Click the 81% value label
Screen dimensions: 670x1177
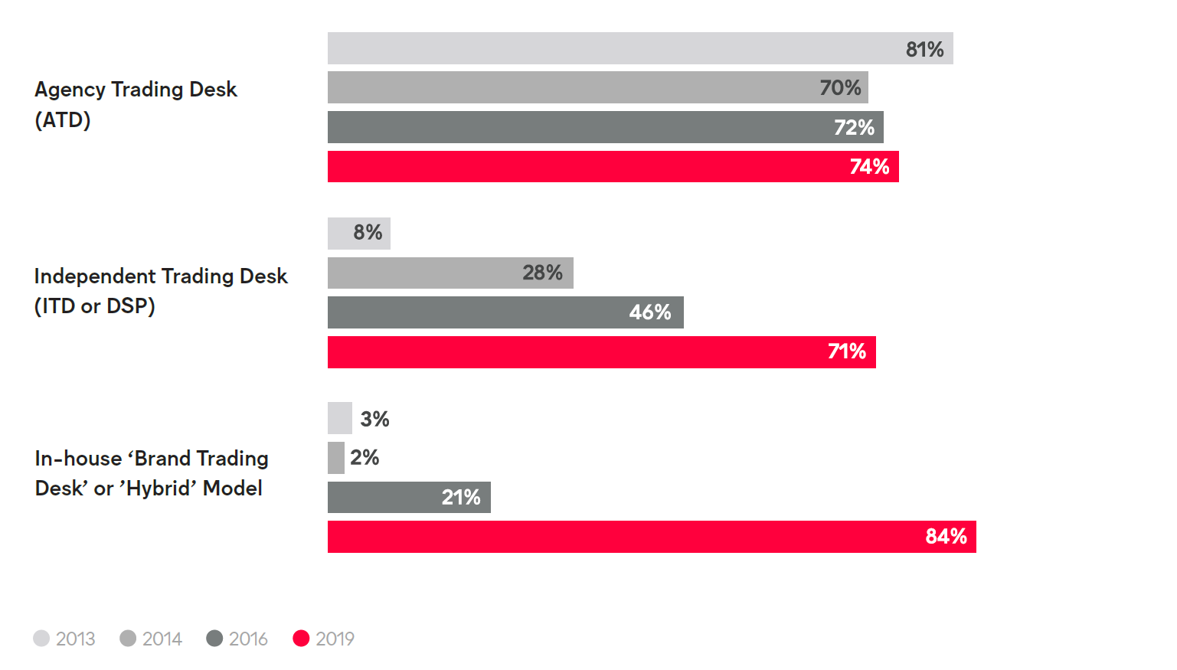(x=924, y=49)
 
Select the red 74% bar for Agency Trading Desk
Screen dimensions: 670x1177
(x=613, y=166)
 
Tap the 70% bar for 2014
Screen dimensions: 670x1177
(x=597, y=87)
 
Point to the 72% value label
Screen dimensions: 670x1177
(x=854, y=127)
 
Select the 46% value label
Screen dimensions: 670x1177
(x=649, y=312)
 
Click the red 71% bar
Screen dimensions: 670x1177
(x=601, y=352)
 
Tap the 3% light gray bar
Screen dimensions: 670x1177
(x=339, y=418)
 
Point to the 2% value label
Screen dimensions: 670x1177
(x=365, y=458)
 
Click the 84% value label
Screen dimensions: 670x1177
(x=946, y=537)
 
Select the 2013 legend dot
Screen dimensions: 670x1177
(x=41, y=639)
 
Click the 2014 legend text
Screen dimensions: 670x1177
(x=162, y=639)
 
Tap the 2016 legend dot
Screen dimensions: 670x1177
(x=214, y=639)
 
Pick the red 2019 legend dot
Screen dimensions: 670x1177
(x=301, y=639)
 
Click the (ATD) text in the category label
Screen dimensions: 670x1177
(x=63, y=120)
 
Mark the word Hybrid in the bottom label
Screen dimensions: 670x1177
(x=159, y=489)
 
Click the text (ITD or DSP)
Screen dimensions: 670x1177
(x=95, y=306)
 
